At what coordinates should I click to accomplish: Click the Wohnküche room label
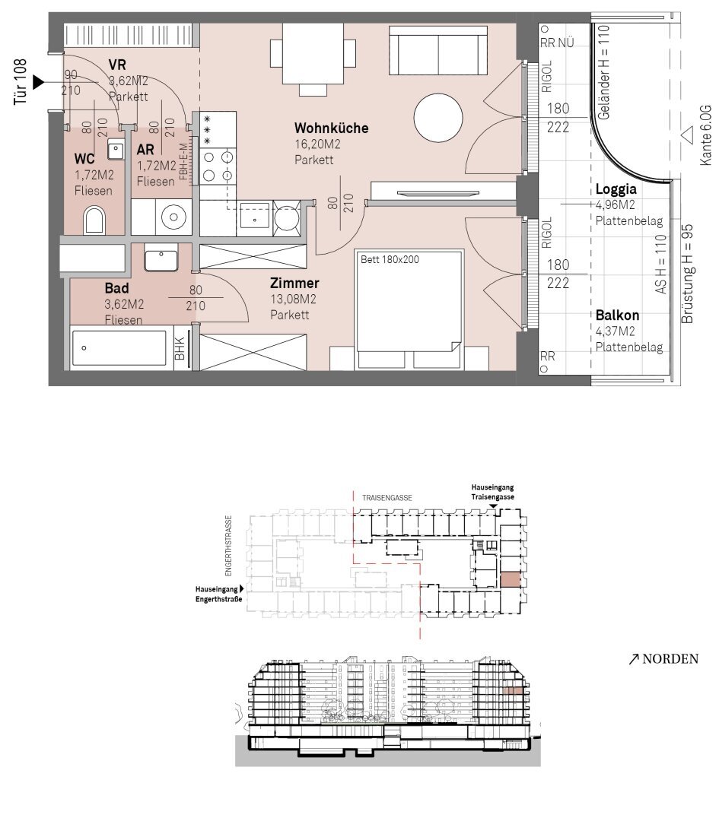[331, 128]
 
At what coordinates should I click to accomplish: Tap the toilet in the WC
[94, 220]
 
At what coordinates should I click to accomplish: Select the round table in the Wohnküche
[438, 117]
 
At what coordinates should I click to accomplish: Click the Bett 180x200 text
[390, 259]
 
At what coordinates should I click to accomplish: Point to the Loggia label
[616, 189]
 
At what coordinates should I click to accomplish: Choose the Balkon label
[617, 315]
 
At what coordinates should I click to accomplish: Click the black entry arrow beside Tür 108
[39, 82]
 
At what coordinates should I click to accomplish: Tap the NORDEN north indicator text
[663, 658]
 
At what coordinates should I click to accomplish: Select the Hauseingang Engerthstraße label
[219, 594]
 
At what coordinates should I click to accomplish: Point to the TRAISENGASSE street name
[387, 498]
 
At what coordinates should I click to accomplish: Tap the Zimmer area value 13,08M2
[293, 299]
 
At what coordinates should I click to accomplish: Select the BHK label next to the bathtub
[180, 348]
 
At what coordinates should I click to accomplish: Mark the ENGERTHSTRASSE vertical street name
[228, 546]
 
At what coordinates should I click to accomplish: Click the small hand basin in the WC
[116, 149]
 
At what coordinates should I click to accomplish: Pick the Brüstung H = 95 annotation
[687, 274]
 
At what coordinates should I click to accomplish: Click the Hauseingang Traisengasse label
[492, 492]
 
